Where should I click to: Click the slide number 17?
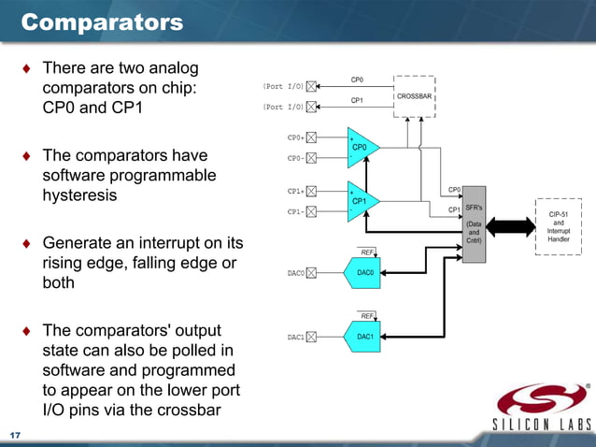coord(15,436)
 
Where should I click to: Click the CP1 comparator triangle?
coord(361,201)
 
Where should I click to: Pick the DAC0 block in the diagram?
coord(363,273)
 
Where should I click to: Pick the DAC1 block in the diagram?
coord(363,337)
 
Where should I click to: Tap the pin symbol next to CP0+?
coord(312,137)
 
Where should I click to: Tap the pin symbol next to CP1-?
coord(312,211)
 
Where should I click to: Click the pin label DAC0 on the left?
coord(296,274)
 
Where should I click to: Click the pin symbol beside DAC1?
coord(312,338)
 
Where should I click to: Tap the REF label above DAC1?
coord(367,316)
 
